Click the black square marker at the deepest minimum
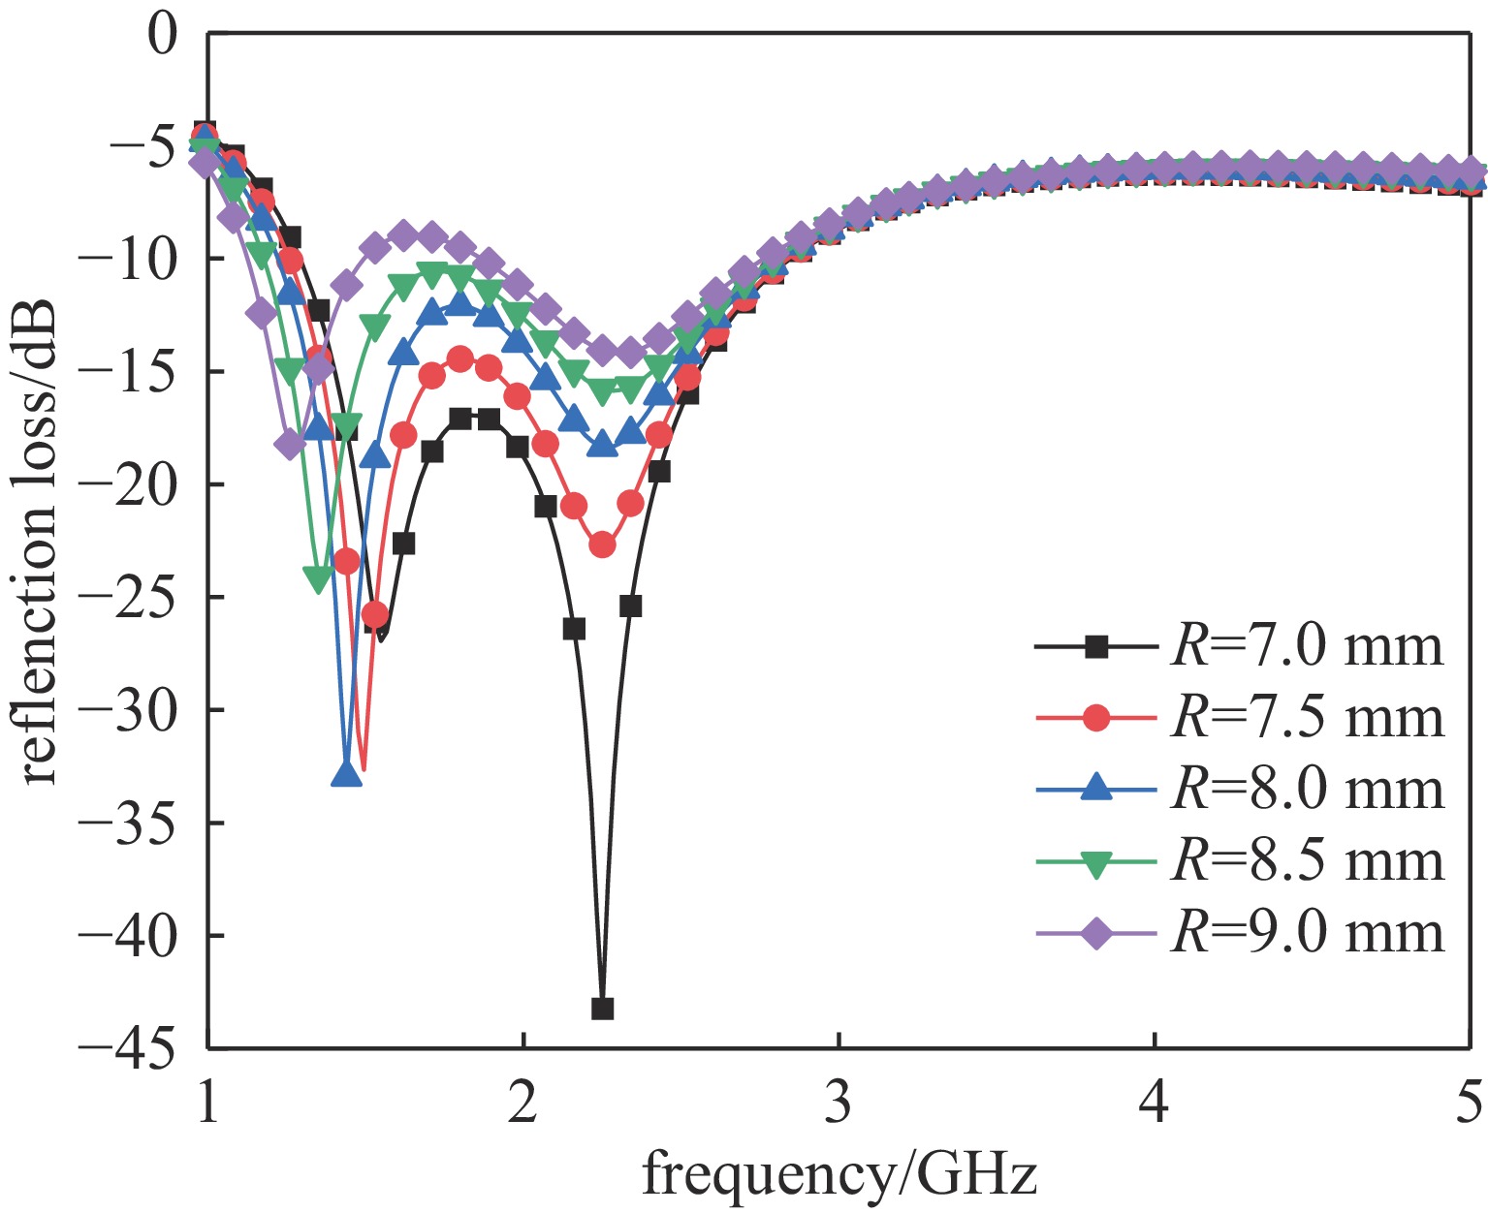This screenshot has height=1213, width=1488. (602, 1009)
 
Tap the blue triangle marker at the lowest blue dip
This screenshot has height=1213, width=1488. (346, 774)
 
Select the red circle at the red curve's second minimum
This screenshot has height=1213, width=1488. (602, 545)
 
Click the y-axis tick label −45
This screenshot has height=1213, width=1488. (143, 1046)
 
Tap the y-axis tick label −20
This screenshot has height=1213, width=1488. (143, 483)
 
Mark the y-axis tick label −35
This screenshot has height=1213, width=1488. (143, 822)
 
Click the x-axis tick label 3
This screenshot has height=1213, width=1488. (839, 1104)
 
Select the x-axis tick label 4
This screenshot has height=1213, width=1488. (1155, 1104)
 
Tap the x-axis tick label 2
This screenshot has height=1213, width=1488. (523, 1104)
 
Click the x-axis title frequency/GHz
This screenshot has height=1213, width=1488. (839, 1174)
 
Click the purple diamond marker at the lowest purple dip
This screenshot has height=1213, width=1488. (290, 445)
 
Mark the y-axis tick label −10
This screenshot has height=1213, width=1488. (143, 259)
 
